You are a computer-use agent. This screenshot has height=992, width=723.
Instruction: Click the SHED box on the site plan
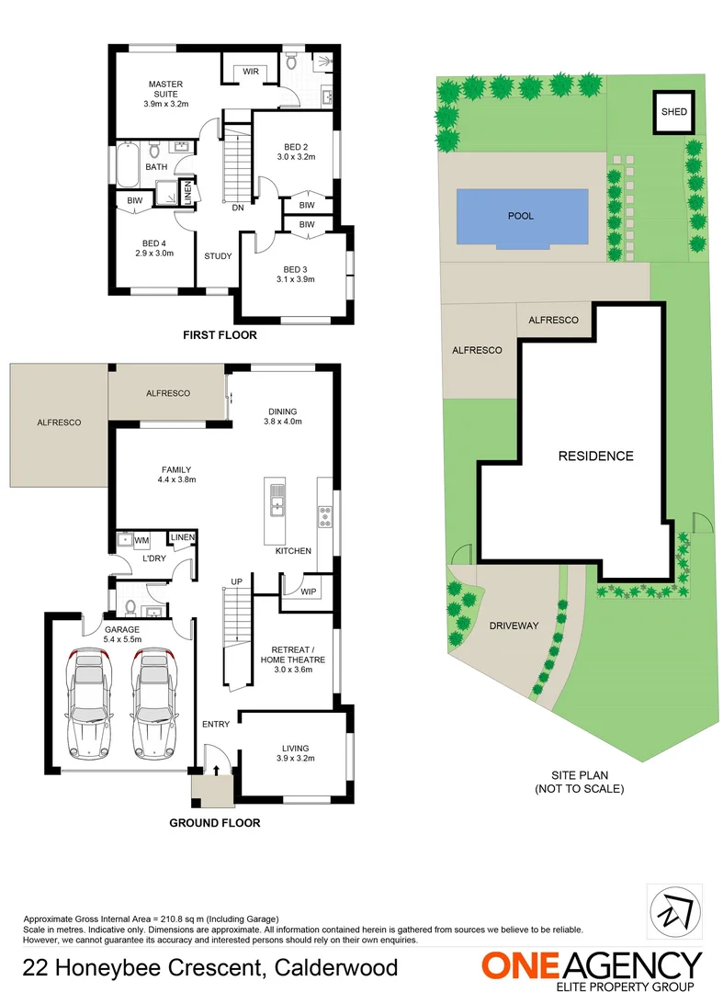tap(673, 112)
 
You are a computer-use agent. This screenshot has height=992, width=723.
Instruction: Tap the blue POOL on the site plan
tap(521, 217)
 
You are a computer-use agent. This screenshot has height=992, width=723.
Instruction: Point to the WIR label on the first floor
tap(250, 71)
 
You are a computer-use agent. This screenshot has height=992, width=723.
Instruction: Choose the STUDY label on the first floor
tap(218, 256)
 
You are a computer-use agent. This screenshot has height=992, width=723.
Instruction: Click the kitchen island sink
tap(277, 501)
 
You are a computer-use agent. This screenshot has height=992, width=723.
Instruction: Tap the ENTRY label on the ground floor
tap(216, 725)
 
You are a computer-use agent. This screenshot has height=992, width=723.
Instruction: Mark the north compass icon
tap(671, 911)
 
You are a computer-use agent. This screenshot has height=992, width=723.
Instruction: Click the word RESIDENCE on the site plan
tap(596, 456)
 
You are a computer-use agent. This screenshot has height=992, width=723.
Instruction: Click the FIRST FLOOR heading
tap(220, 335)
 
